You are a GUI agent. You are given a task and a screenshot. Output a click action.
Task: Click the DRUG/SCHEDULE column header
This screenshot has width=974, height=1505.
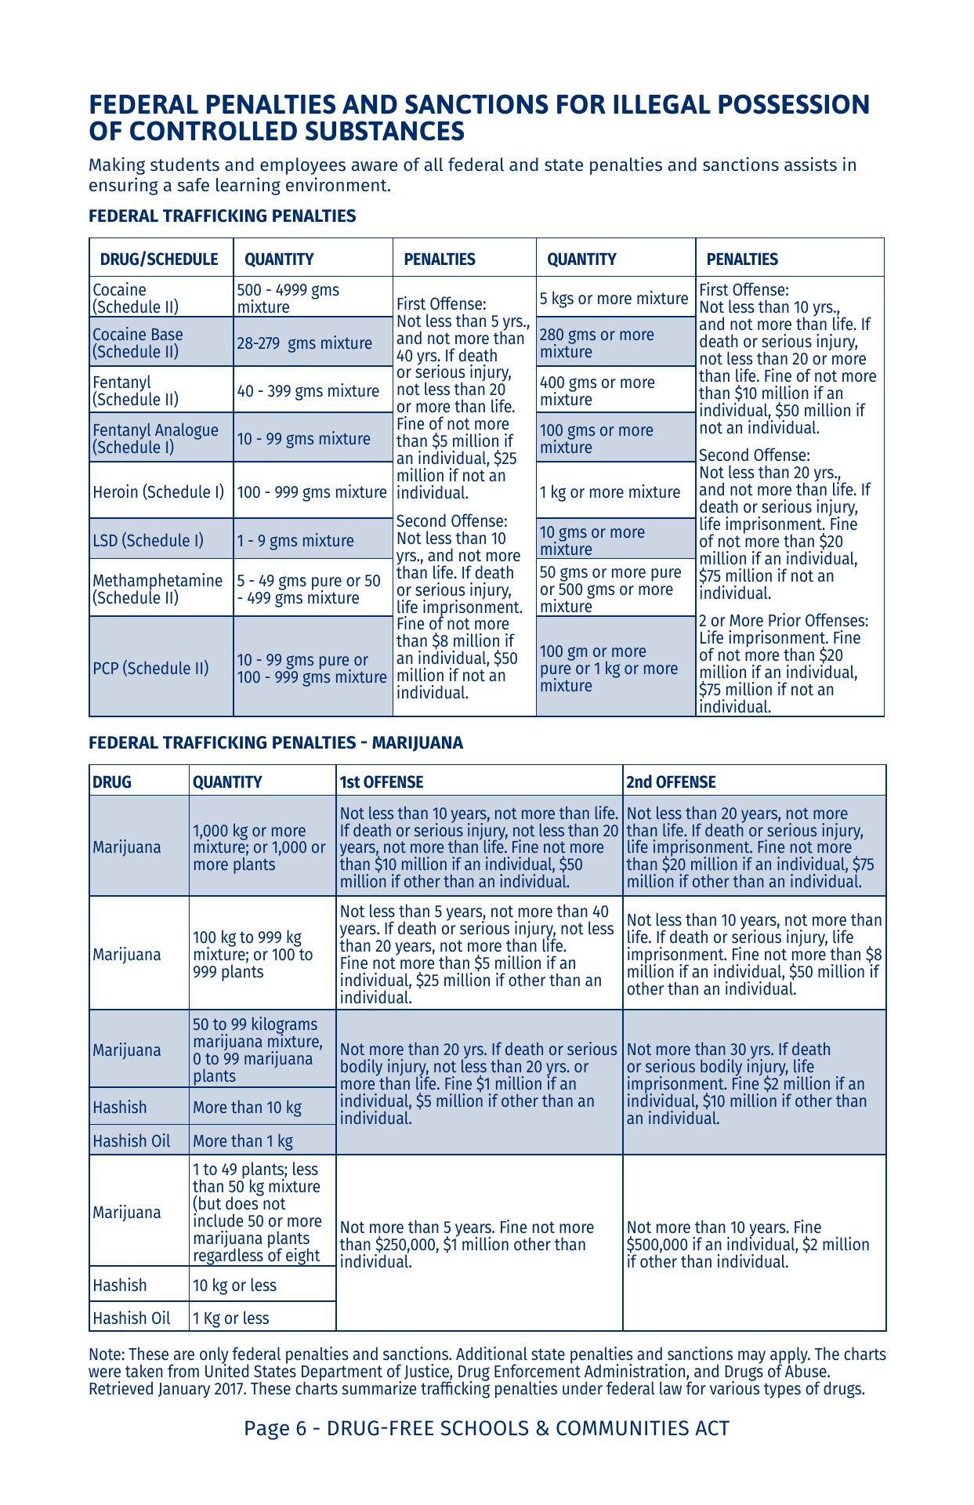coord(158,259)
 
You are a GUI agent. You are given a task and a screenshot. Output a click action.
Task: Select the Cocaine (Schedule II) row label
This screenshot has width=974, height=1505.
coord(136,299)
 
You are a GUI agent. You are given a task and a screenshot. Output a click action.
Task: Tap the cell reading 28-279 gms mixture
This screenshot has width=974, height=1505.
coord(305,343)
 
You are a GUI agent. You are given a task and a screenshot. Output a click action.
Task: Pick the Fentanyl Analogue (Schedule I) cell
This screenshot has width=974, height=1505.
coord(155,439)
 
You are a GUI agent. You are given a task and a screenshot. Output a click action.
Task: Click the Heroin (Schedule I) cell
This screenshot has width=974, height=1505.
coord(158,492)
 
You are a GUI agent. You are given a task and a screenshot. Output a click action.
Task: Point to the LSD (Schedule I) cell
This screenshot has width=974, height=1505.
coord(148,541)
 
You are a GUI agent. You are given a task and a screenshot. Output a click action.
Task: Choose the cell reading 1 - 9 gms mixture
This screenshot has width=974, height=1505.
coord(295,541)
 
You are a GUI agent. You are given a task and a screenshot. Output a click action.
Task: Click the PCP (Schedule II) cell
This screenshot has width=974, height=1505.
coord(151,669)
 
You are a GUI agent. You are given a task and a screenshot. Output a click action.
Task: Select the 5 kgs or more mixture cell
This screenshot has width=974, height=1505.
coord(614,299)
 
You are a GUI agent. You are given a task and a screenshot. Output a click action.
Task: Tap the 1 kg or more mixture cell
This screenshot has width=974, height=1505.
coord(610,492)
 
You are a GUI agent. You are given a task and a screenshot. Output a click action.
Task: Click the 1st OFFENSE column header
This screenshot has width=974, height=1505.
coord(382,782)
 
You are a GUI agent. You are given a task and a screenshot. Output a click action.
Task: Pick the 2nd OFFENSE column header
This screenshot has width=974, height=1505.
coord(671,782)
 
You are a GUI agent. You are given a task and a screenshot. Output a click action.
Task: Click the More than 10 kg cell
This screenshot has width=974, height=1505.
coord(247,1108)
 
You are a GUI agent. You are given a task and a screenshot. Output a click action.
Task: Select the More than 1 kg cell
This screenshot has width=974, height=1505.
coord(243,1141)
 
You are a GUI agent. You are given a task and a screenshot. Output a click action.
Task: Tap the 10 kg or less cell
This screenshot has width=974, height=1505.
coord(234,1286)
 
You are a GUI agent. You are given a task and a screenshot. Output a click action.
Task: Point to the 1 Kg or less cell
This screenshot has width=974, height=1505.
coord(230,1318)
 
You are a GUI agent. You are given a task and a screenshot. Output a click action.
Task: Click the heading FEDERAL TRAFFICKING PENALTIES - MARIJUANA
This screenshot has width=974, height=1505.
coord(276,743)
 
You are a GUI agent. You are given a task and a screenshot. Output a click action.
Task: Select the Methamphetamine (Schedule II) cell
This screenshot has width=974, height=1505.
coord(158,589)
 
